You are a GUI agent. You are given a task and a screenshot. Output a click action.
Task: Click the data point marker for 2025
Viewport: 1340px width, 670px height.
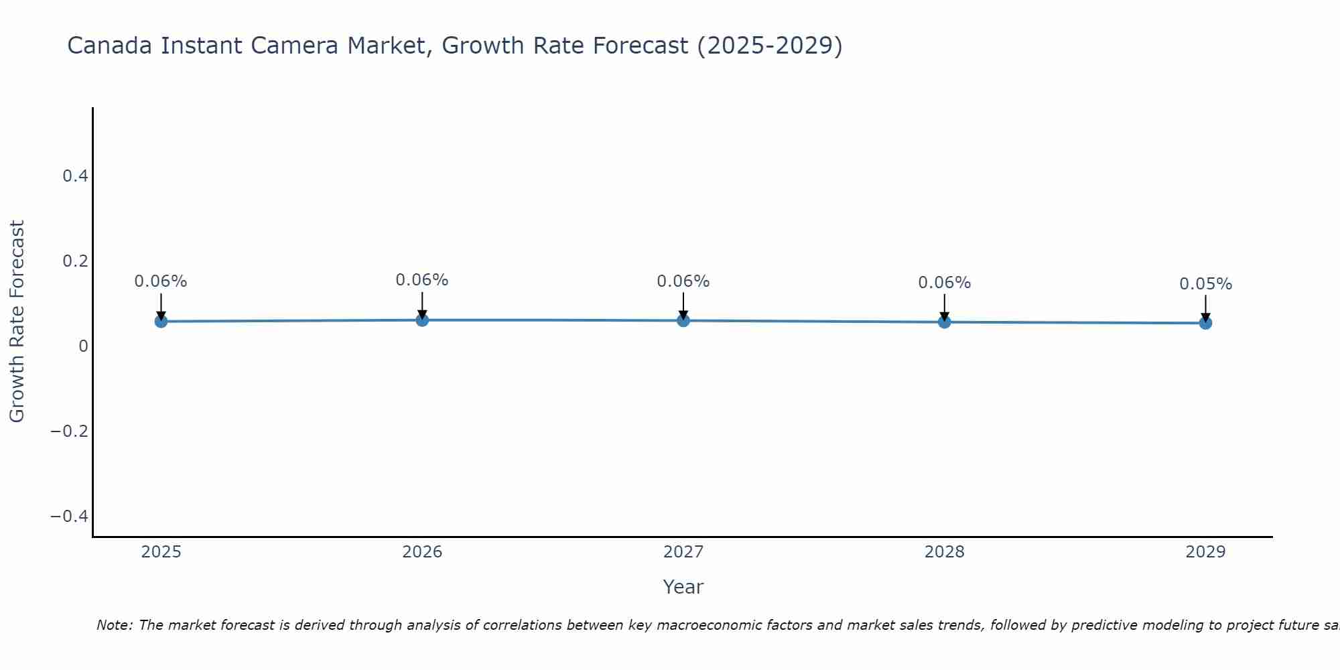click(x=161, y=322)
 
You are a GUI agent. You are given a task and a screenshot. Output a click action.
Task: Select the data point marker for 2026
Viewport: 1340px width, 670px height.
click(x=422, y=320)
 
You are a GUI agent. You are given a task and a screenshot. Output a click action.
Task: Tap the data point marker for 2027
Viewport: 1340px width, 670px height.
click(x=683, y=321)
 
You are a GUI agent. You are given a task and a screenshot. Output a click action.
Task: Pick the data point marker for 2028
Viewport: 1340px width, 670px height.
click(x=944, y=322)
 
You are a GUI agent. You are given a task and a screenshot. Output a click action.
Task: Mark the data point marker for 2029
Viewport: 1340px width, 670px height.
click(x=1205, y=323)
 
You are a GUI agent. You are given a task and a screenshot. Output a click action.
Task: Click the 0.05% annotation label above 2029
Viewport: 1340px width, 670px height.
click(x=1205, y=284)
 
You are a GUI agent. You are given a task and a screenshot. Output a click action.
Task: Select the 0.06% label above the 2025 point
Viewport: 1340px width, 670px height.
click(x=161, y=281)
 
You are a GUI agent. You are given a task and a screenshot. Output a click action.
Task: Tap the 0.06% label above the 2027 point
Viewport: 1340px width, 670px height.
click(x=683, y=281)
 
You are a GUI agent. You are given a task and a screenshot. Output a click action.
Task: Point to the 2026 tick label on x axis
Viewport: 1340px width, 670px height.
click(x=422, y=552)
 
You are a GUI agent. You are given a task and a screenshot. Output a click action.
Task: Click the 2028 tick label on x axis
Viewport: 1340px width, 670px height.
click(x=944, y=552)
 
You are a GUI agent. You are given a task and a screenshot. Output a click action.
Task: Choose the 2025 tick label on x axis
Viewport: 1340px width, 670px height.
click(x=161, y=552)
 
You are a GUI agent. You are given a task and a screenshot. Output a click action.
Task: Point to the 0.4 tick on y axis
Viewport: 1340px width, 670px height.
click(x=75, y=176)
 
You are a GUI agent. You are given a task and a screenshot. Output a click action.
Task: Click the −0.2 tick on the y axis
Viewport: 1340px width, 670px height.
click(x=70, y=431)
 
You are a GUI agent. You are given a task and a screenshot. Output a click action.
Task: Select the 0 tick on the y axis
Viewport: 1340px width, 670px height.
click(x=83, y=346)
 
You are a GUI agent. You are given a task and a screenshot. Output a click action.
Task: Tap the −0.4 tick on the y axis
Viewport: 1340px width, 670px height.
click(x=70, y=516)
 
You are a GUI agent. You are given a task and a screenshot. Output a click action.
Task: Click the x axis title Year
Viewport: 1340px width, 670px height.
click(x=683, y=587)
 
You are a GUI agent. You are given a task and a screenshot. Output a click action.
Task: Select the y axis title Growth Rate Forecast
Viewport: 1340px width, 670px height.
click(x=17, y=322)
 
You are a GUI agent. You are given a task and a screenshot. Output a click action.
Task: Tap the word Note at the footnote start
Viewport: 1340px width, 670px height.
click(x=115, y=625)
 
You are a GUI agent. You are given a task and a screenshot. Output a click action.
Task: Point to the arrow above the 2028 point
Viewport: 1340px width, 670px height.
click(x=944, y=307)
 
